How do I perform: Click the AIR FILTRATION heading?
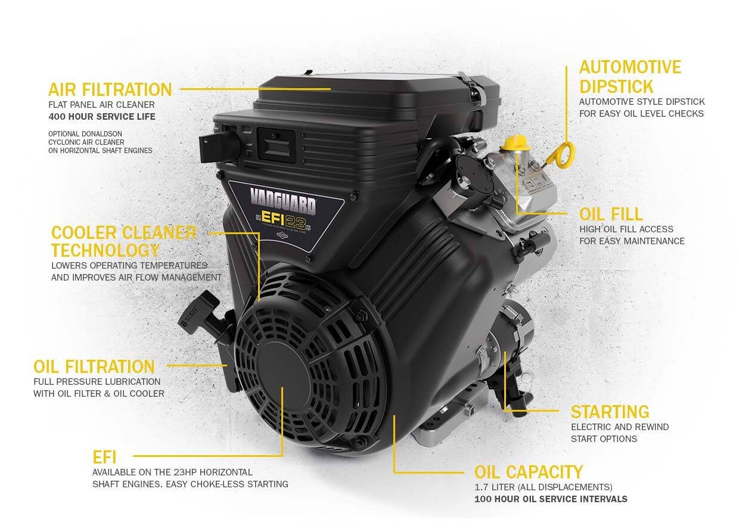[110, 90]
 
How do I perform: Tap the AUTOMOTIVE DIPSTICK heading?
[630, 76]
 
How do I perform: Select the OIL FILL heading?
[610, 214]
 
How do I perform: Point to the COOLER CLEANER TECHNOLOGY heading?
[123, 241]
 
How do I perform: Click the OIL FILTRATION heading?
[94, 366]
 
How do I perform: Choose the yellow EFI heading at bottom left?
[104, 458]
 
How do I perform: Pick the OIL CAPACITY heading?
[528, 472]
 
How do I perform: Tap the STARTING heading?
[610, 412]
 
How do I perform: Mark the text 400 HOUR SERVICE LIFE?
[102, 117]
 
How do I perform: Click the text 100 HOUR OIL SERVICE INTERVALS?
[551, 499]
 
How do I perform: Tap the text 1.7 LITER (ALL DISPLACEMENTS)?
[543, 487]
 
